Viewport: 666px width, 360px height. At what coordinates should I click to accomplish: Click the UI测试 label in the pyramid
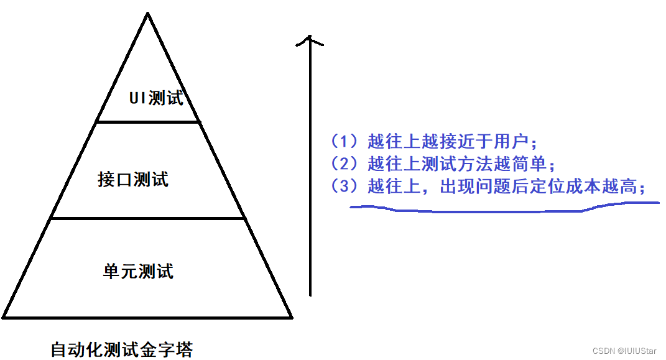156,98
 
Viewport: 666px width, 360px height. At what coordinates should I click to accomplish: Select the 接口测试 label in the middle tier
133,180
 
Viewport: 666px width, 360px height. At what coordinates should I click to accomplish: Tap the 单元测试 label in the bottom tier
138,271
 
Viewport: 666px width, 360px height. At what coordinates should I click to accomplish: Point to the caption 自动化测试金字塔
122,349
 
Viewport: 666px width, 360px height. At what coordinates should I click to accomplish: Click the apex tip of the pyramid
147,14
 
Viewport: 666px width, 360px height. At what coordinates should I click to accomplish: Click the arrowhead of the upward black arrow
310,40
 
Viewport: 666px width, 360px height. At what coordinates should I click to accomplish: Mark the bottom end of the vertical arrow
310,295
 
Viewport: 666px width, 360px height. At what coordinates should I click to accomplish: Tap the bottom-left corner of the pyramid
4,317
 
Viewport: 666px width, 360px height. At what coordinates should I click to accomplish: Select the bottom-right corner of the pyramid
292,317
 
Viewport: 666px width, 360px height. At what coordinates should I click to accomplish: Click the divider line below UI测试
148,122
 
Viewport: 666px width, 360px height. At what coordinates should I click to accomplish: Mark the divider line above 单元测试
148,218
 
